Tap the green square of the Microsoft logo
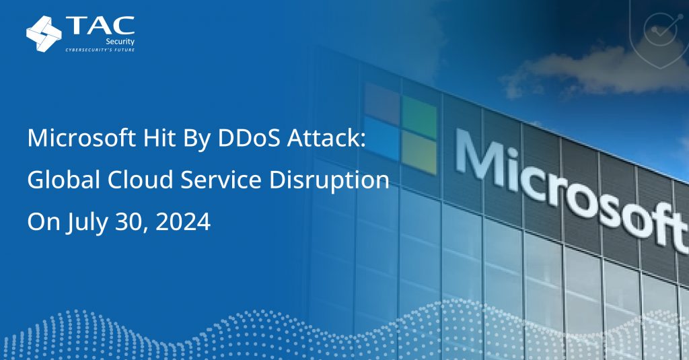pyautogui.click(x=419, y=110)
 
